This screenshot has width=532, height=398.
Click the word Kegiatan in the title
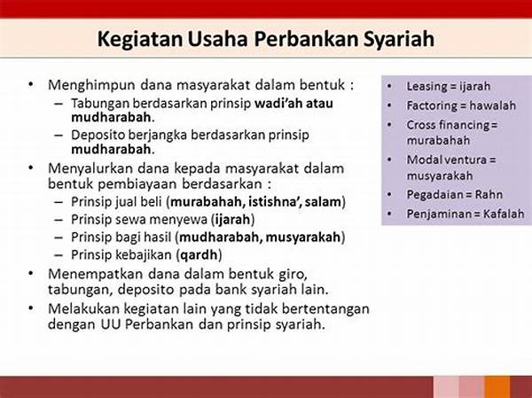click(139, 39)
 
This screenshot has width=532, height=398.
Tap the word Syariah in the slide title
click(399, 39)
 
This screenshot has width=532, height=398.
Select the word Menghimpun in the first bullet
click(91, 85)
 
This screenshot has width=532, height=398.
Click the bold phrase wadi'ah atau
click(293, 103)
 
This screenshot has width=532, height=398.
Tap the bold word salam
click(323, 202)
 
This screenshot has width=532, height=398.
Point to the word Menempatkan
click(96, 274)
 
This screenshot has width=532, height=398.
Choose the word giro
click(293, 275)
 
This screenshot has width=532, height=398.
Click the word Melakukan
click(83, 308)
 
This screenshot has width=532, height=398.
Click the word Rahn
click(489, 194)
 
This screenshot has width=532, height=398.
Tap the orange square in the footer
click(497, 386)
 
